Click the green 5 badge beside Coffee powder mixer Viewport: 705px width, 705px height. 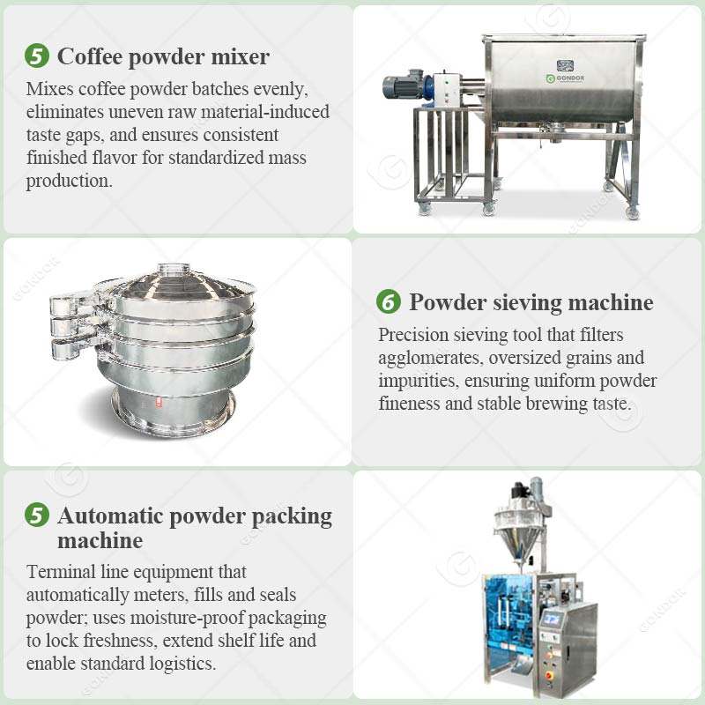[37, 56]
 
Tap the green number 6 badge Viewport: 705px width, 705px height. [389, 301]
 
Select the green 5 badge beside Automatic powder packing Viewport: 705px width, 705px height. [37, 515]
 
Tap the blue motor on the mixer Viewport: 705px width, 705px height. [404, 85]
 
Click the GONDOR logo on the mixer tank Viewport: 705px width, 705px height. [565, 78]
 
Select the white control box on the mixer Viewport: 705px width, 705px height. [446, 89]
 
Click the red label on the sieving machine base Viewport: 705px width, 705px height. [159, 402]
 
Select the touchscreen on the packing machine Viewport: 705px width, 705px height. [550, 619]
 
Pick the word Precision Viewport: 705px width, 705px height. [413, 335]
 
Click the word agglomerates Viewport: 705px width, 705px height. [431, 359]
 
